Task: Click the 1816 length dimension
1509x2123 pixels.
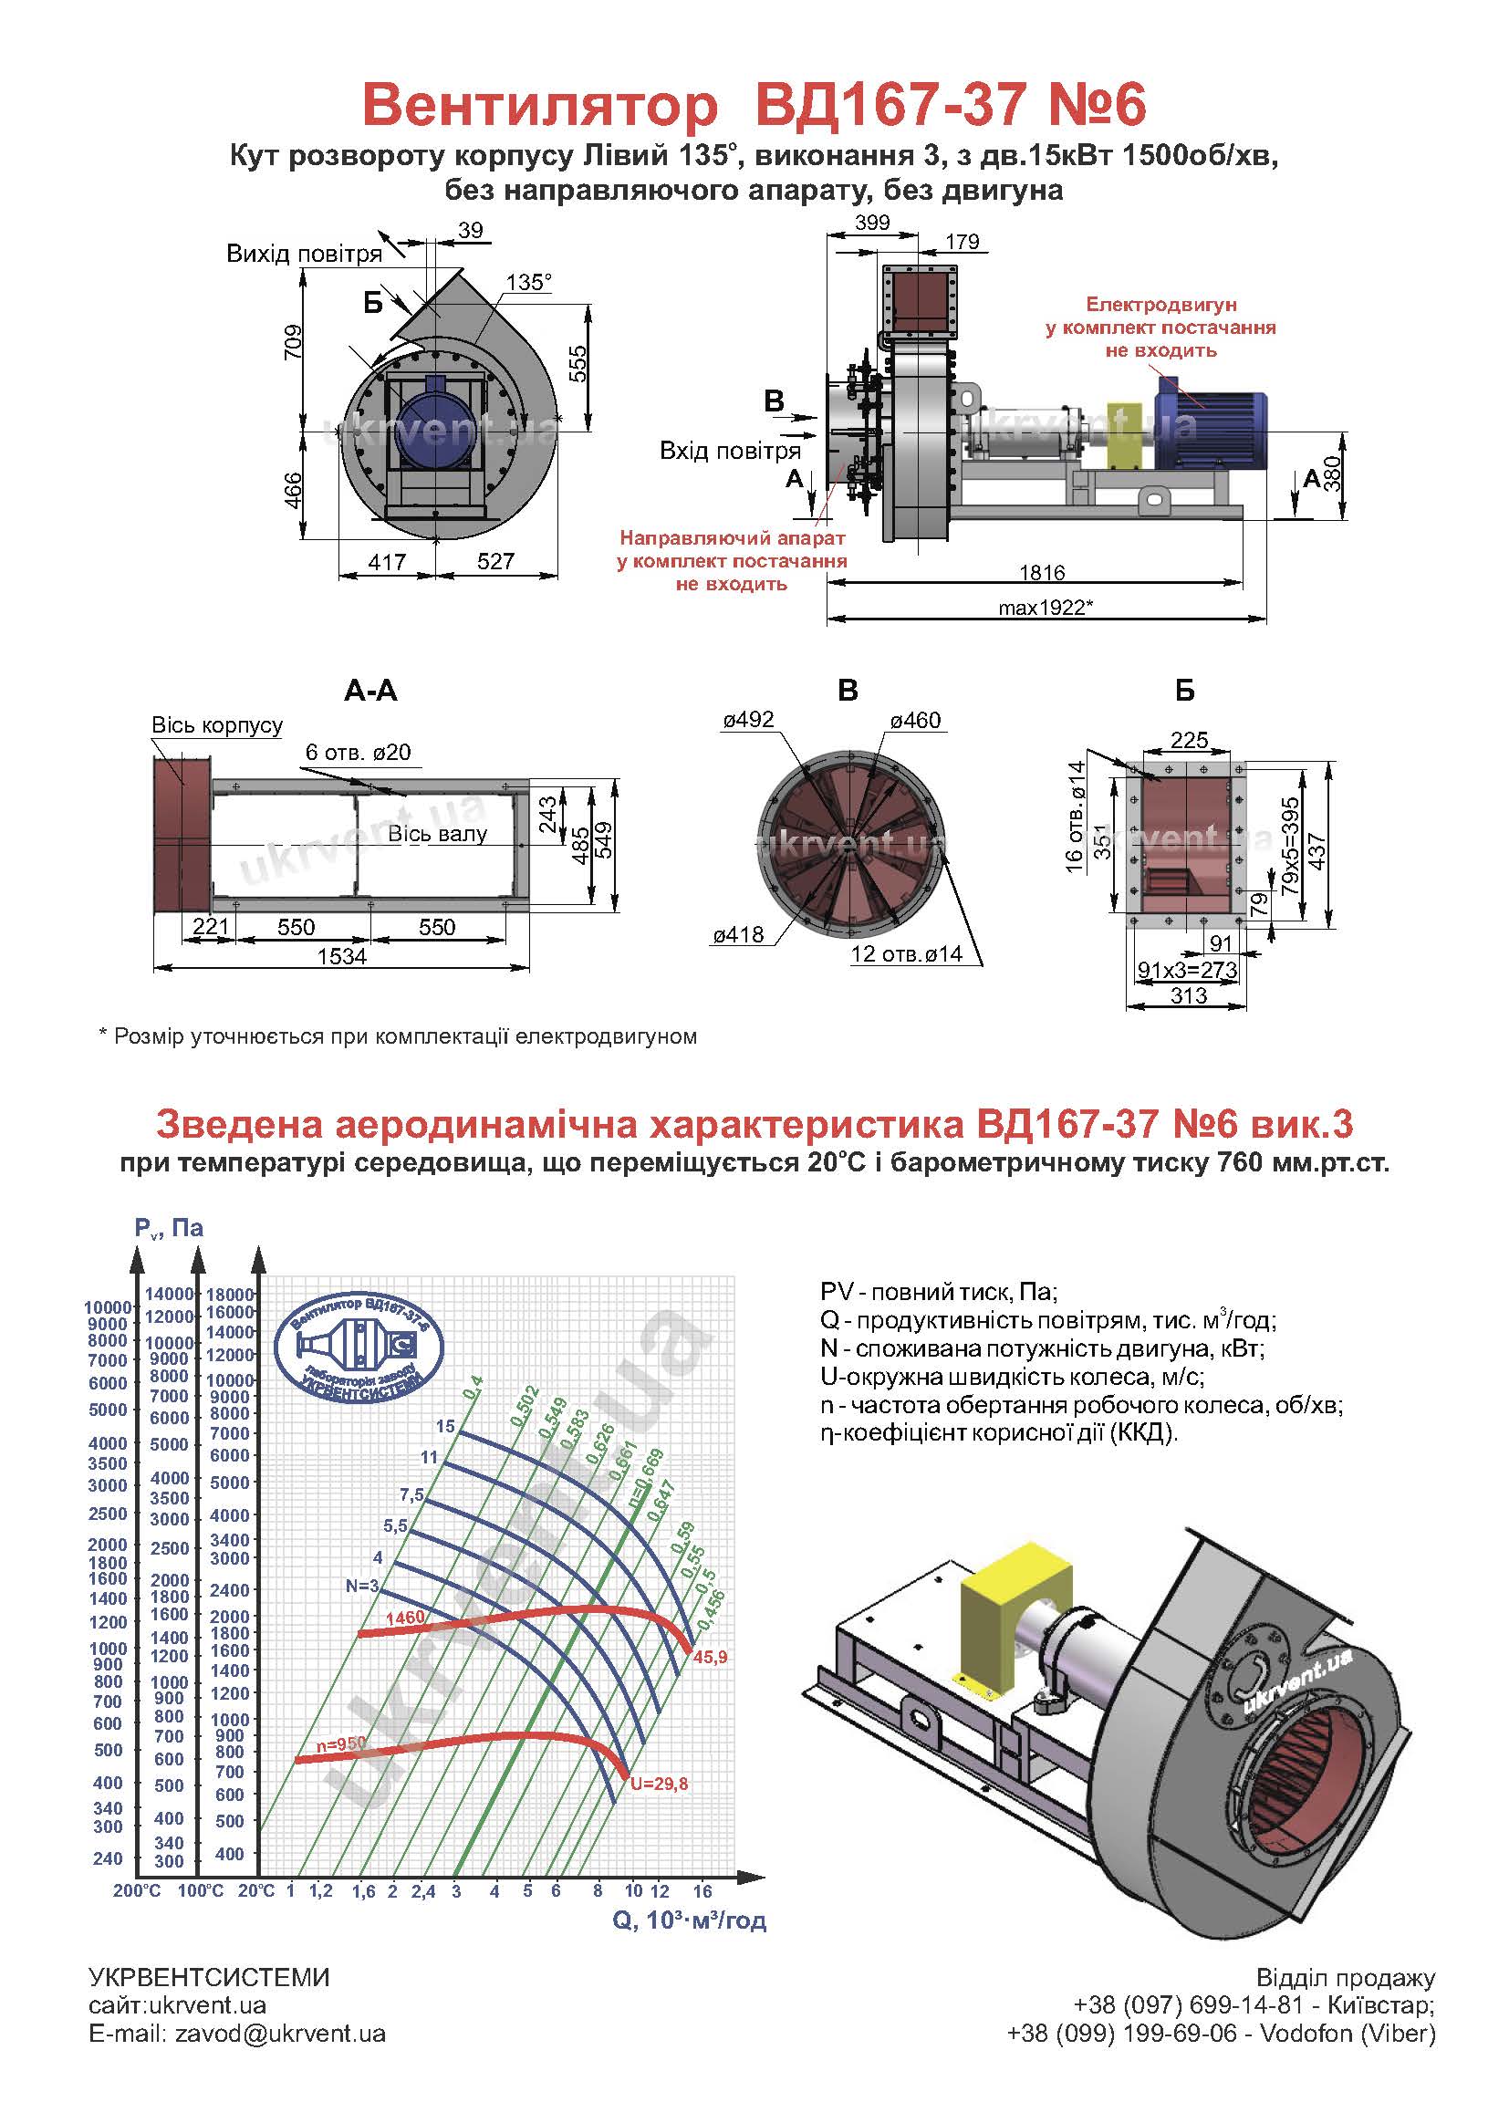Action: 1041,572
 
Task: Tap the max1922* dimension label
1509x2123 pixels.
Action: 1045,608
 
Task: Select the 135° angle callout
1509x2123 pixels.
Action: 529,283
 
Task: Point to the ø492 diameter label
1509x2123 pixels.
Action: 748,720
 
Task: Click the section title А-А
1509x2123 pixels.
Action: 370,691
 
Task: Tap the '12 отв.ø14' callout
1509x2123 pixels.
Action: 906,953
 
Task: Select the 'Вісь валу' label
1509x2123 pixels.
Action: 437,835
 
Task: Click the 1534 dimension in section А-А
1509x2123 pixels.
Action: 342,956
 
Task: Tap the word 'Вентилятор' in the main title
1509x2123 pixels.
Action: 539,105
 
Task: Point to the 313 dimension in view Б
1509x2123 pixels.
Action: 1189,996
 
